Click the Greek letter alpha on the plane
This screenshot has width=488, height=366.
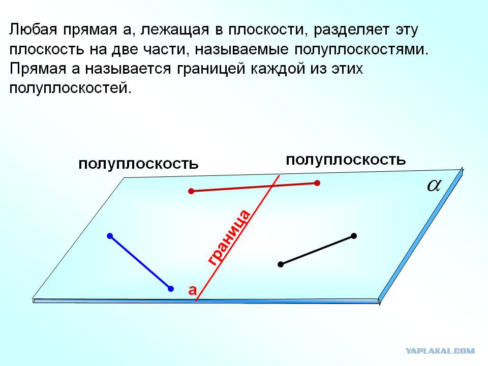coord(434,186)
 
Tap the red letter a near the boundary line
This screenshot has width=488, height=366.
coord(193,290)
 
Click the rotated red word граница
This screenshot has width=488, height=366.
coord(229,237)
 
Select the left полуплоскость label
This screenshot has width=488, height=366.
coord(138,164)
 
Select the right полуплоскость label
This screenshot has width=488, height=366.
coord(346,160)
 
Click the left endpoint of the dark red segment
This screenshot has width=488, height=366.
coord(191,191)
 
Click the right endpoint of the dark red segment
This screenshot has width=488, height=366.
coord(317,183)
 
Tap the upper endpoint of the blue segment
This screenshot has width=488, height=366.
coord(110,236)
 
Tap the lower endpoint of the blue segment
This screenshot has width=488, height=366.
coord(171,289)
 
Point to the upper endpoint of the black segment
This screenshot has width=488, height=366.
coord(354,236)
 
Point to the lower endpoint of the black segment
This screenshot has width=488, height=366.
coord(281,264)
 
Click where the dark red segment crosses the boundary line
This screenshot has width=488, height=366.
coord(272,186)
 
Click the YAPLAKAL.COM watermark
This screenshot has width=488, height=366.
coord(440,351)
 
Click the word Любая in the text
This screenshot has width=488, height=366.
coord(34,29)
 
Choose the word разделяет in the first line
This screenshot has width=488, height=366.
coord(351,30)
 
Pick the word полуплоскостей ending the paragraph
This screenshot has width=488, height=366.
coord(70,88)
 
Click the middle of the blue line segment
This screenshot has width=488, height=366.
coord(140,262)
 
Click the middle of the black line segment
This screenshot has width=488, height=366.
coord(317,250)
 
